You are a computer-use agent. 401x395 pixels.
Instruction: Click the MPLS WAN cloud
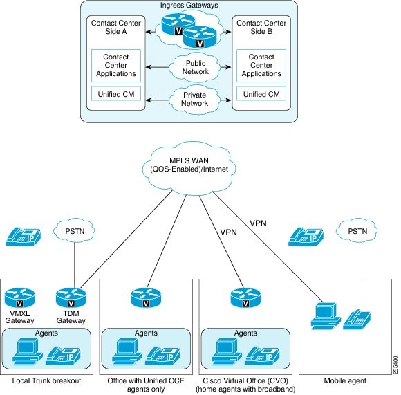point(189,166)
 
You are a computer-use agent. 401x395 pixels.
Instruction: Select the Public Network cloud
point(196,68)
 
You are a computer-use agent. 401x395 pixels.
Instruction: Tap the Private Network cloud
point(195,100)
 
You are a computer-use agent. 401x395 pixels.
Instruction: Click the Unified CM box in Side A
point(116,94)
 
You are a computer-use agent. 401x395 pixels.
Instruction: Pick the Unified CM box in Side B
point(261,94)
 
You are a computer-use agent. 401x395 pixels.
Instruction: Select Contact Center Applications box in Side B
point(261,66)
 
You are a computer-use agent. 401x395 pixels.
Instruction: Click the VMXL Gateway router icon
point(19,297)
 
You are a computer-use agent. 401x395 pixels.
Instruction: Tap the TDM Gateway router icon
point(71,297)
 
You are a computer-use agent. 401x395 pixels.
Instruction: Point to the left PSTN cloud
point(75,231)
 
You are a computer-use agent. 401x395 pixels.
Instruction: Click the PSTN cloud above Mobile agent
point(357,231)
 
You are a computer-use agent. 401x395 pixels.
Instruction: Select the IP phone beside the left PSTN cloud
point(24,237)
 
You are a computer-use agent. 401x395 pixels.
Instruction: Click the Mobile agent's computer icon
point(326,317)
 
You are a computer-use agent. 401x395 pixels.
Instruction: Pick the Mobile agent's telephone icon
point(357,320)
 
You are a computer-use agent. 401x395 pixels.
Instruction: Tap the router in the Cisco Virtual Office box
point(245,297)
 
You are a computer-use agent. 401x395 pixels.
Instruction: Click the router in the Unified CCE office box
point(146,297)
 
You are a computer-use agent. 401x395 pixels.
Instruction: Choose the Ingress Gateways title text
point(189,6)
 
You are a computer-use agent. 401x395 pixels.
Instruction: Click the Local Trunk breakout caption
point(46,380)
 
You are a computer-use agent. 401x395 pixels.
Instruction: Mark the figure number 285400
point(395,365)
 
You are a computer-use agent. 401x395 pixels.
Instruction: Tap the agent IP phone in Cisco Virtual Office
point(262,356)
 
